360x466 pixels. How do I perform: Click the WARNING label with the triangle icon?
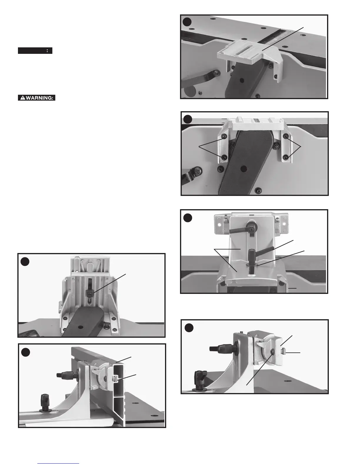click(36, 98)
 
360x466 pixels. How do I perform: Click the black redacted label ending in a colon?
click(35, 51)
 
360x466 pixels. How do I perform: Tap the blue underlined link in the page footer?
click(59, 464)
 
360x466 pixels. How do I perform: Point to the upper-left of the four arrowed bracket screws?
click(224, 137)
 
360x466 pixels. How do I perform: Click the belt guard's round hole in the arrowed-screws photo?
click(243, 169)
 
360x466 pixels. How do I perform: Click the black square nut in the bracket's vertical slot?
click(89, 292)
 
